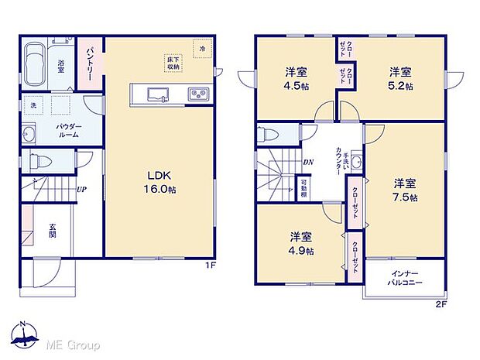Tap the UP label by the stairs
click(x=81, y=189)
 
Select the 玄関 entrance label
click(x=53, y=230)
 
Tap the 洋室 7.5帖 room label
click(x=405, y=190)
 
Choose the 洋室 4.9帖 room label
click(x=302, y=243)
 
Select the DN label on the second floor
click(x=307, y=162)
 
